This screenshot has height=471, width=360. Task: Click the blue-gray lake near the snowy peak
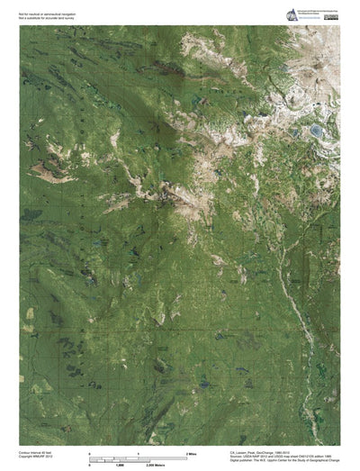tap(318, 131)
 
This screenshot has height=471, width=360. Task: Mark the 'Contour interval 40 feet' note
tap(37, 455)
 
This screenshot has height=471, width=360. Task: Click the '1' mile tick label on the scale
tap(138, 452)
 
